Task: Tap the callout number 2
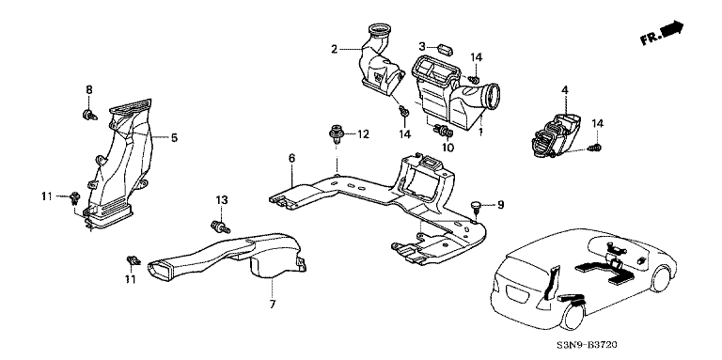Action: [x=335, y=49]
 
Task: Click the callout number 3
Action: [x=422, y=46]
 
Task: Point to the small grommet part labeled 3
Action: [x=444, y=48]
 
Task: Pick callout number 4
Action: [x=564, y=90]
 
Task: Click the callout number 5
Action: [x=174, y=137]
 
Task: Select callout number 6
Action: [x=291, y=158]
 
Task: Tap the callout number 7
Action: [x=272, y=304]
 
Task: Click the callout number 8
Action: [x=89, y=89]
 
